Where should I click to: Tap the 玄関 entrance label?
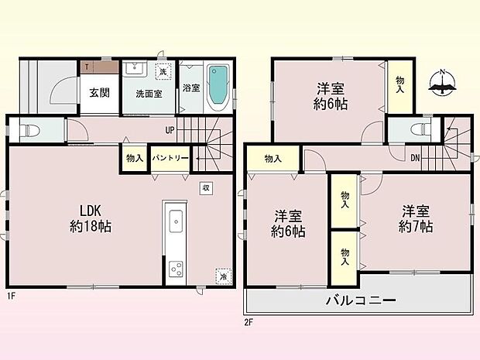(98, 93)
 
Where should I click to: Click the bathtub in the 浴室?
(218, 83)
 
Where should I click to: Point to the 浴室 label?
(190, 88)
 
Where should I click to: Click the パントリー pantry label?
(170, 158)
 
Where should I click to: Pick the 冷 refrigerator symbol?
(222, 276)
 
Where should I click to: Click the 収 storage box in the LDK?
(206, 187)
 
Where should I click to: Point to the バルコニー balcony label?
(359, 300)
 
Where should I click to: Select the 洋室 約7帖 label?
(416, 218)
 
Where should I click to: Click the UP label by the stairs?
(168, 129)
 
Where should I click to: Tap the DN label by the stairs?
(415, 159)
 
